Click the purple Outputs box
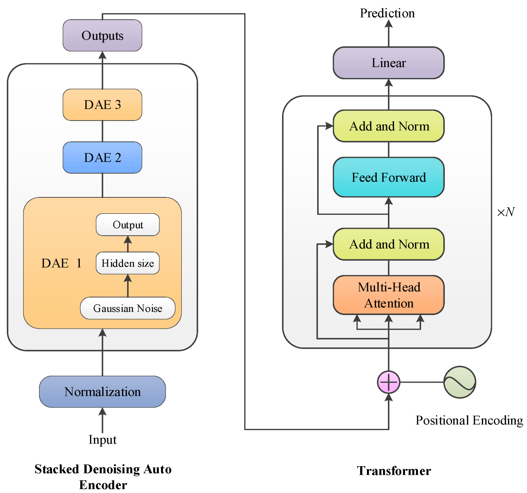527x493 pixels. [x=102, y=36]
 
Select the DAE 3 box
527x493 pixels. [x=102, y=105]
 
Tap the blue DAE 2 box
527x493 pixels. [x=102, y=158]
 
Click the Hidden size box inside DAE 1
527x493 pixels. [x=127, y=263]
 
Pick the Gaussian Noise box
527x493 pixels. [x=127, y=308]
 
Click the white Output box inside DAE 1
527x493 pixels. [x=127, y=225]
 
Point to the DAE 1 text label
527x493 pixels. [x=61, y=263]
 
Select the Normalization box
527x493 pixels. [x=102, y=392]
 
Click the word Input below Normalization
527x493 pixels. [x=102, y=439]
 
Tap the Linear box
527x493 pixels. [x=388, y=63]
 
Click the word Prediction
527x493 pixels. [x=387, y=13]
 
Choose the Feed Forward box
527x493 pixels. [x=388, y=177]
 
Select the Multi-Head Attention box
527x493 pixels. [x=388, y=295]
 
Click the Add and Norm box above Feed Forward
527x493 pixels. [x=388, y=126]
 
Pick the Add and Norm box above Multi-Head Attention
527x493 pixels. [x=388, y=244]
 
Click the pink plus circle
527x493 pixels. [x=388, y=382]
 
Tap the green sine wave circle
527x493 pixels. [x=460, y=382]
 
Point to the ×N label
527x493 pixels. [x=506, y=212]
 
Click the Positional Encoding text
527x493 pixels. [x=469, y=420]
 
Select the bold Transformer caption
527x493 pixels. [x=394, y=471]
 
